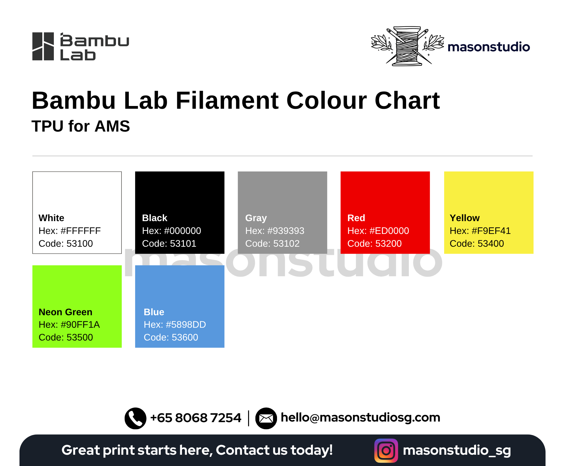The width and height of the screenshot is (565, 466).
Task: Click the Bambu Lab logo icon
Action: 43,46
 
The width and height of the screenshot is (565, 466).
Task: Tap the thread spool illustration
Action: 408,46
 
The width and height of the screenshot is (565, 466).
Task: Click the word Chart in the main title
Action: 407,101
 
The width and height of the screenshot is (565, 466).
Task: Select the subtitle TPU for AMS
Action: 81,126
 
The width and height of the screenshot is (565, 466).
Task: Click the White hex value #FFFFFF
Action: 81,231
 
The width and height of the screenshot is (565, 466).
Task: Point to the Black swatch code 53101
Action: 183,244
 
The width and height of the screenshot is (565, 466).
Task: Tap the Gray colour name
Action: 256,218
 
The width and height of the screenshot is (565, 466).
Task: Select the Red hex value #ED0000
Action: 389,231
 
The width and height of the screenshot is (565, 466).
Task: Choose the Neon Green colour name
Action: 65,312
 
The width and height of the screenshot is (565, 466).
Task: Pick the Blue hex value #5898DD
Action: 186,325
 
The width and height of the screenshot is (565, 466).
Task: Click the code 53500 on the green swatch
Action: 80,337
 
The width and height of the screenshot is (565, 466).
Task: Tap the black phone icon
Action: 135,418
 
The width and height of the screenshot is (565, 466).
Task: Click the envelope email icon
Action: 266,418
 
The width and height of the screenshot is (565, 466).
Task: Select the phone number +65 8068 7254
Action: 196,418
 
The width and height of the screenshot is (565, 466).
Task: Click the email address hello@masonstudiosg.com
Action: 360,418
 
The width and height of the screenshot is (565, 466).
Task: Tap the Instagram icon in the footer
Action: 386,450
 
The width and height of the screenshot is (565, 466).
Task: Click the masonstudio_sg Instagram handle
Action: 457,450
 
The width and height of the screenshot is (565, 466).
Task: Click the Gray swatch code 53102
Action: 286,244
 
